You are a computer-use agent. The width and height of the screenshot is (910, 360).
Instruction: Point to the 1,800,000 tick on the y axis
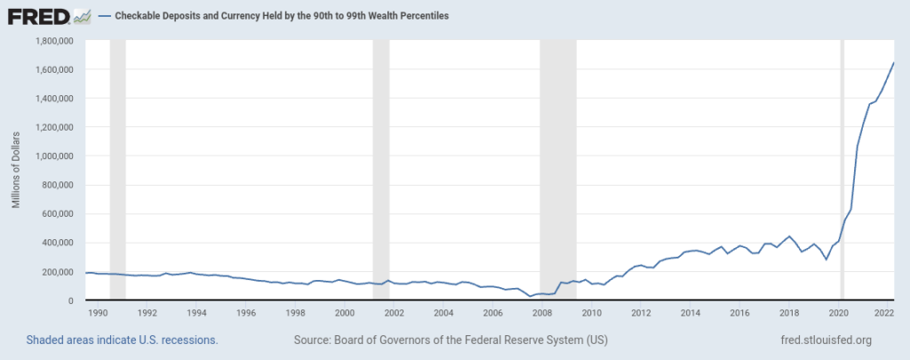(53, 41)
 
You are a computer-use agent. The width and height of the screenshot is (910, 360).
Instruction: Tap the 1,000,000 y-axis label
(53, 156)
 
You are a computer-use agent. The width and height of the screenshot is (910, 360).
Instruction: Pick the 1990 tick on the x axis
(98, 313)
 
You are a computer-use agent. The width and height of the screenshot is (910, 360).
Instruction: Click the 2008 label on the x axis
(542, 313)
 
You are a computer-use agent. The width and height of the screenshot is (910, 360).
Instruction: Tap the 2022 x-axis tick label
(883, 313)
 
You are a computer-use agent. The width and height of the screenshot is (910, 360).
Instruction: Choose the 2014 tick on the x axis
(690, 313)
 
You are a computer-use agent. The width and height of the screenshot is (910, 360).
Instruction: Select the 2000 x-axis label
(345, 313)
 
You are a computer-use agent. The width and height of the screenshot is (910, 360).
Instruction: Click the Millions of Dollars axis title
(16, 171)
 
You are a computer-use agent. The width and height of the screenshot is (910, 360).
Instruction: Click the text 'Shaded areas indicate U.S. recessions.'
(123, 340)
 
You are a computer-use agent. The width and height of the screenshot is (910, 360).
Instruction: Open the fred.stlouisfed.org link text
(824, 340)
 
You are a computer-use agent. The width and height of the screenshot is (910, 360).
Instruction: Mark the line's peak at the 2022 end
(893, 63)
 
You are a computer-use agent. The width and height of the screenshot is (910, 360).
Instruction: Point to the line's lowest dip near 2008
(530, 296)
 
